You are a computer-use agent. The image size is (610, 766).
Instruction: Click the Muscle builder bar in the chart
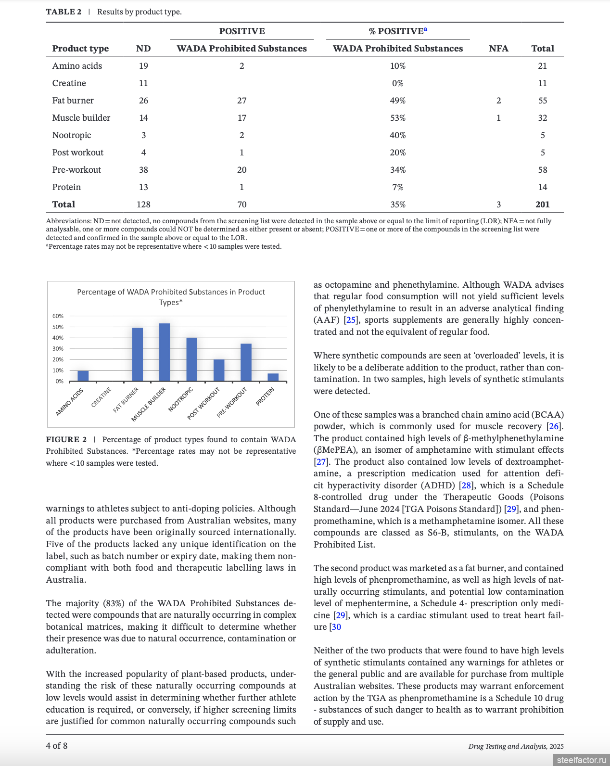tap(165, 352)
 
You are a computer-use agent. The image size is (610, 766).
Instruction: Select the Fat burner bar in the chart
tap(138, 355)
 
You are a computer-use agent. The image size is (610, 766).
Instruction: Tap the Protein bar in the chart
tap(273, 377)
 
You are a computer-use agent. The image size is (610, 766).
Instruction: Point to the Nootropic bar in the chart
tap(191, 359)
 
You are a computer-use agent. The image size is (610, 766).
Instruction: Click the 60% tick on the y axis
tap(58, 316)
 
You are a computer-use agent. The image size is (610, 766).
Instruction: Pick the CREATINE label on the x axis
tap(102, 397)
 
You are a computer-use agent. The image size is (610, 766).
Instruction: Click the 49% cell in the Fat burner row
tap(397, 101)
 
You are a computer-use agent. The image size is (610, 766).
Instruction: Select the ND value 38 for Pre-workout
tap(143, 170)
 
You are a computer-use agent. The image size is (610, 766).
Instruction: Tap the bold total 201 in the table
tap(542, 204)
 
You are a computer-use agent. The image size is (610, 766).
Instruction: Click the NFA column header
tap(498, 49)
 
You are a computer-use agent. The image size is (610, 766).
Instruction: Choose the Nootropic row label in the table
tap(72, 135)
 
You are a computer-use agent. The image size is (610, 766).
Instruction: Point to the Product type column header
tap(80, 49)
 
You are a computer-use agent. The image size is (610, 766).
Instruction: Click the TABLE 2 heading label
tap(64, 12)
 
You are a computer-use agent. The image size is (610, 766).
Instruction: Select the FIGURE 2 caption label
tap(66, 440)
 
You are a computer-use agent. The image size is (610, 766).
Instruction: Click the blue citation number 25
tap(351, 320)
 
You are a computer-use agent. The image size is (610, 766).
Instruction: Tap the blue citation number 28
tap(466, 485)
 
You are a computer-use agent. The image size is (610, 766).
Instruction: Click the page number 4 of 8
tap(57, 746)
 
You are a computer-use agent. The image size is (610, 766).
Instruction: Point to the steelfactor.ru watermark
tap(582, 760)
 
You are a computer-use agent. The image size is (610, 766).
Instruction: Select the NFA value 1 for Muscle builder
tap(498, 118)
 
